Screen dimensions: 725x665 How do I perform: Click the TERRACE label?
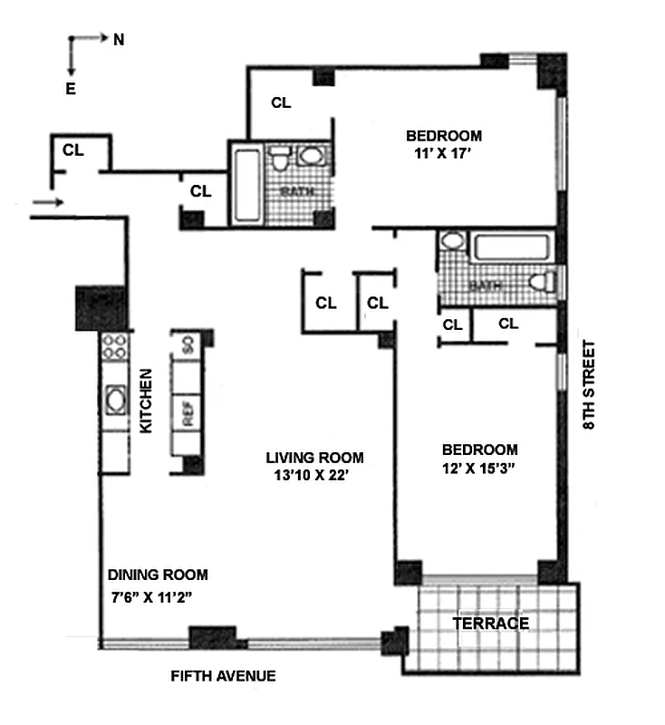point(490,623)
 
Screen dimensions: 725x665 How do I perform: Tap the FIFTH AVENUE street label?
point(224,676)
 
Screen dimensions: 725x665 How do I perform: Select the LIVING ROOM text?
point(314,458)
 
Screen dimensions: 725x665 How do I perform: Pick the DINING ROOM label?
point(158,575)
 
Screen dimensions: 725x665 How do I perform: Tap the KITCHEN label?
point(145,400)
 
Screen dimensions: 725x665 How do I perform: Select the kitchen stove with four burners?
point(114,349)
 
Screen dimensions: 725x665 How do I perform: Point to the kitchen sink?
point(115,400)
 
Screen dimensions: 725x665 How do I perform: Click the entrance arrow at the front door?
point(47,202)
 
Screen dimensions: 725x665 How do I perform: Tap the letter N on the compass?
point(118,39)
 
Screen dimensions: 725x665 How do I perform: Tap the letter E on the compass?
point(70,88)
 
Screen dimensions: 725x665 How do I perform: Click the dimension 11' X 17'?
point(442,154)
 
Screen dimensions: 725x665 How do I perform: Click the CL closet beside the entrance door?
point(73,150)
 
